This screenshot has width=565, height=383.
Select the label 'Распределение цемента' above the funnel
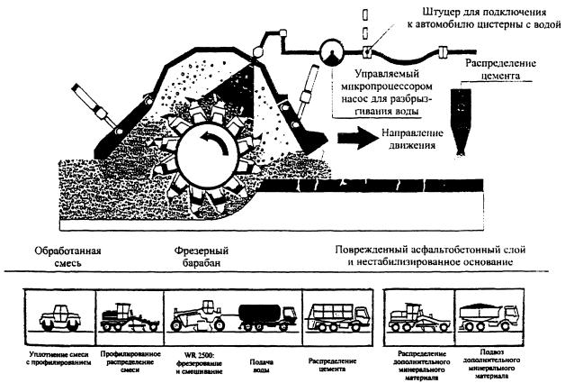pos(497,72)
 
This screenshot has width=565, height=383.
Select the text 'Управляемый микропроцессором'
pos(378,80)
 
